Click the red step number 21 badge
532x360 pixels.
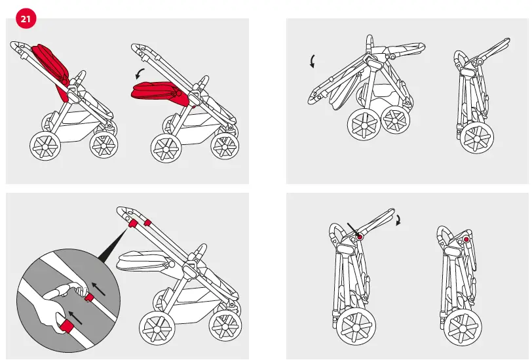pos(26,19)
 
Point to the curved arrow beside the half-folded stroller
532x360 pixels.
pos(312,62)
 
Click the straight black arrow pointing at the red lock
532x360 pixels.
pos(352,230)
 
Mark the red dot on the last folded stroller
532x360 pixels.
pos(466,240)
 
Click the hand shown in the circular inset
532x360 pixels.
pos(49,313)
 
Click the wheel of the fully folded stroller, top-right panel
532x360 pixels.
pos(477,137)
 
